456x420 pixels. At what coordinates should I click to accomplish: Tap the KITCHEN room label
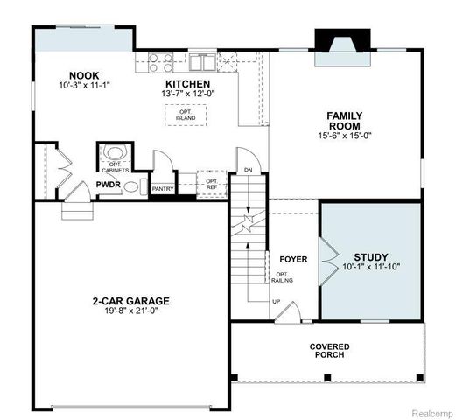point(186,83)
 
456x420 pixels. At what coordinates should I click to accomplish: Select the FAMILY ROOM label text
point(344,121)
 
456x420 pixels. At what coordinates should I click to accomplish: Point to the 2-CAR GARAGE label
point(130,301)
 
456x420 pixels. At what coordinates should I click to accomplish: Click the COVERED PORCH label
point(330,351)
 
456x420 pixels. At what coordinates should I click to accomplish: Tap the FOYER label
point(292,260)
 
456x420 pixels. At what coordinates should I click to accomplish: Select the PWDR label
point(109,185)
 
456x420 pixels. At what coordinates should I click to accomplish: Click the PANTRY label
point(163,188)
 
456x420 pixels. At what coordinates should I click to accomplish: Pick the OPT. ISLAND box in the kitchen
point(186,115)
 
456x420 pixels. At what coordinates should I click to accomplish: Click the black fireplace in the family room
point(337,41)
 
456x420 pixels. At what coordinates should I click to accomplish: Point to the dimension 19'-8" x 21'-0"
point(130,312)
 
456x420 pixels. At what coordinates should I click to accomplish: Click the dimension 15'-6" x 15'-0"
point(344,136)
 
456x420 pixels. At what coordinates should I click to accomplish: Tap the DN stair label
point(248,170)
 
